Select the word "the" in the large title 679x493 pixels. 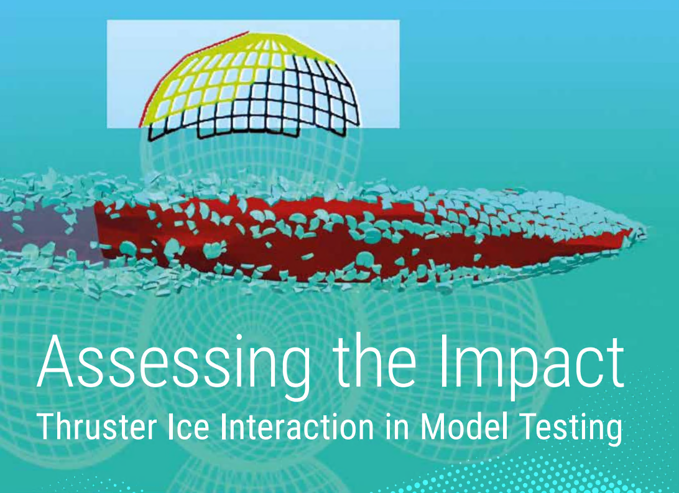pyautogui.click(x=374, y=361)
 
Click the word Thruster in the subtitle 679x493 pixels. pyautogui.click(x=96, y=426)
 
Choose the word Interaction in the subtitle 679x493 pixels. pyautogui.click(x=297, y=426)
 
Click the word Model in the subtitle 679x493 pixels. pyautogui.click(x=464, y=426)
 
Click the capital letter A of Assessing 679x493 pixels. pyautogui.click(x=55, y=361)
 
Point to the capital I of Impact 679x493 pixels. pyautogui.click(x=444, y=361)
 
